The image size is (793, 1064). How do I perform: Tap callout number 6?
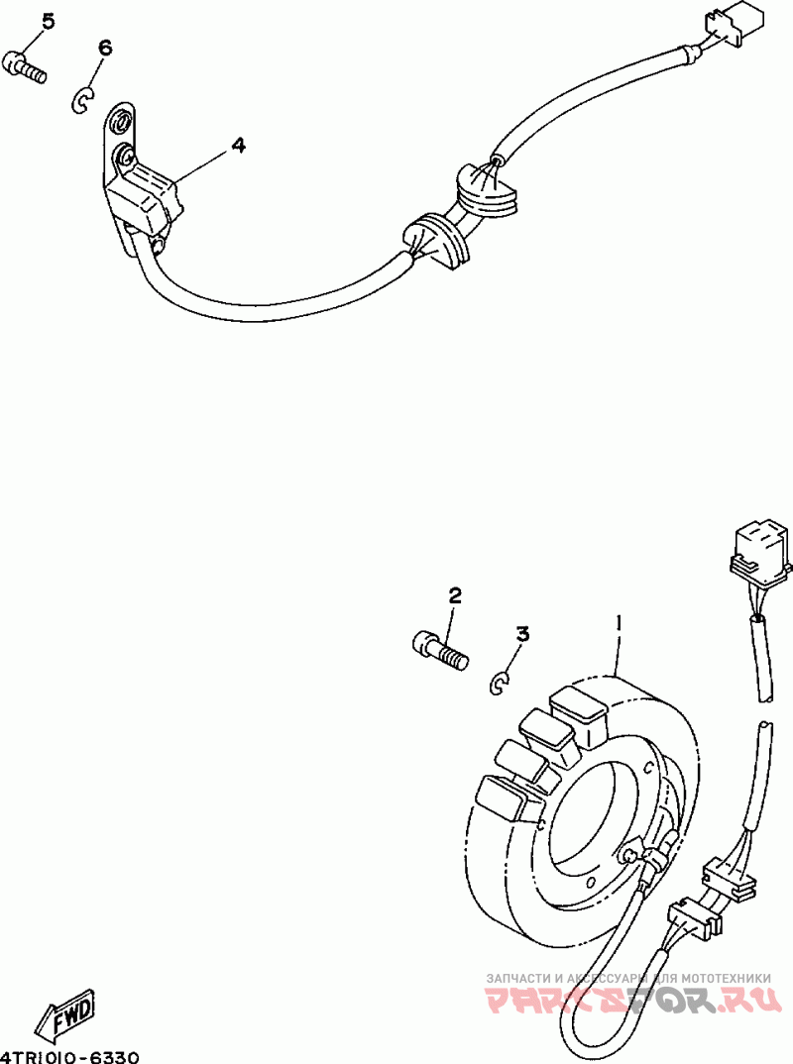pyautogui.click(x=105, y=48)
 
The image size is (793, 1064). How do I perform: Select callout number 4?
pyautogui.click(x=238, y=145)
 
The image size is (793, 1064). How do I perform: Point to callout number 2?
pyautogui.click(x=455, y=595)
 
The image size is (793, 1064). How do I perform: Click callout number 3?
pyautogui.click(x=522, y=634)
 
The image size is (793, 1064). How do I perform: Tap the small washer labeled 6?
pyautogui.click(x=83, y=98)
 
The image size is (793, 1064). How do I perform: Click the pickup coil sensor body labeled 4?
pyautogui.click(x=143, y=195)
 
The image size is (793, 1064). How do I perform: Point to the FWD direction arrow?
pyautogui.click(x=65, y=1013)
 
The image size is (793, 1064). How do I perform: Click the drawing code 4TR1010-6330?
pyautogui.click(x=70, y=1055)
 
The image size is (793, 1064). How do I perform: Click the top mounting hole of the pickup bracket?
pyautogui.click(x=120, y=123)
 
